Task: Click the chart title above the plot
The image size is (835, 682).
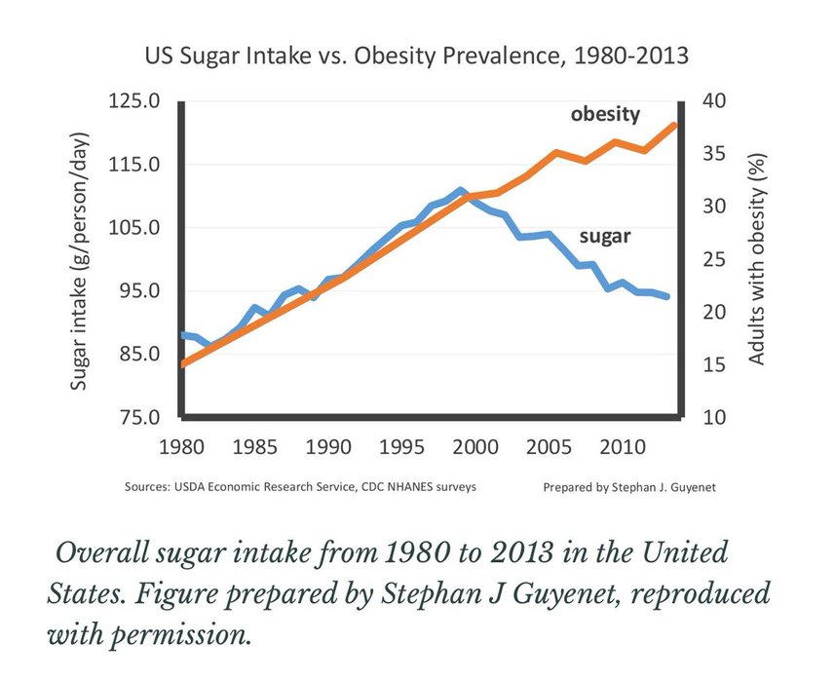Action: (417, 56)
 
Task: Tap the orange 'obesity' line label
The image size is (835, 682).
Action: (605, 114)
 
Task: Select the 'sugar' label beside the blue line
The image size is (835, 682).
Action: (606, 236)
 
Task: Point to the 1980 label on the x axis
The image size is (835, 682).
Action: (181, 448)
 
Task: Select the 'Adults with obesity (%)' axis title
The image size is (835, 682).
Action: (756, 259)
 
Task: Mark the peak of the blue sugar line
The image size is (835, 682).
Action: (461, 190)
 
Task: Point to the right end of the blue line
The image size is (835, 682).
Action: (668, 296)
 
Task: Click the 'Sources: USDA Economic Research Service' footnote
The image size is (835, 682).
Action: (300, 485)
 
